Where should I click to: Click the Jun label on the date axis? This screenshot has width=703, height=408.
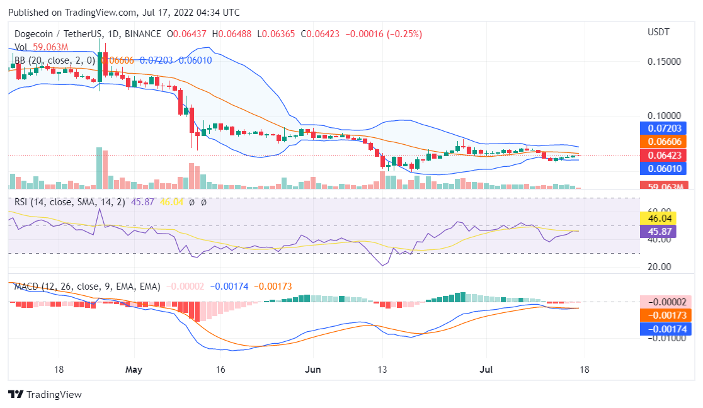312,369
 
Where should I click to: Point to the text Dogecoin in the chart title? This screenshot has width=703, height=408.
35,33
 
